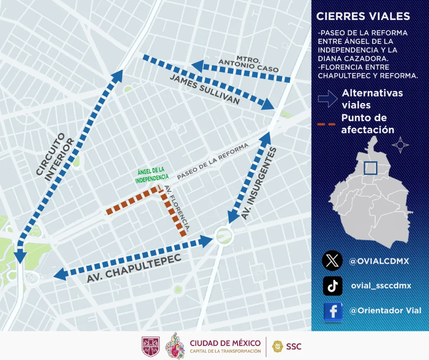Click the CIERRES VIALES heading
pos(363,16)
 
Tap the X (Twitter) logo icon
pos(332,261)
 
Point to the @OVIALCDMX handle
pos(379,261)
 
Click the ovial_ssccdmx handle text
pos(380,286)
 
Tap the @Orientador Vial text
pos(385,311)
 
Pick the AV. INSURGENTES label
pos(258,183)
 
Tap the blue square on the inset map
pos(370,168)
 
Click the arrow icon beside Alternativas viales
pos(327,98)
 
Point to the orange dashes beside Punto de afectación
pos(326,124)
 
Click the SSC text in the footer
pos(294,346)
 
